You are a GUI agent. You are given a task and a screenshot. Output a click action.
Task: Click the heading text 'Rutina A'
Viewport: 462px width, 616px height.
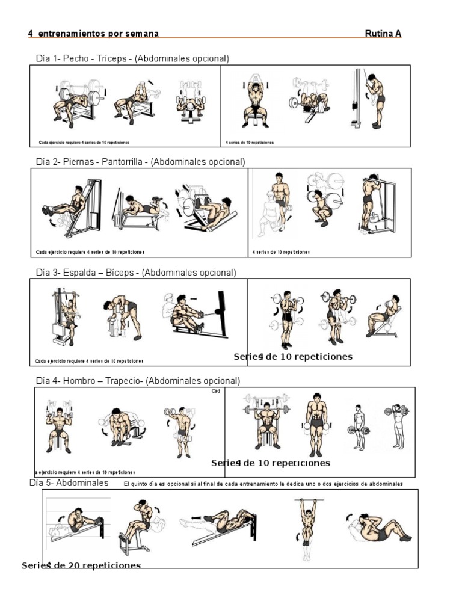(383, 34)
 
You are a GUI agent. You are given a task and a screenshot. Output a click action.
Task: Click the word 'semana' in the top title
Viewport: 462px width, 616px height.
(142, 34)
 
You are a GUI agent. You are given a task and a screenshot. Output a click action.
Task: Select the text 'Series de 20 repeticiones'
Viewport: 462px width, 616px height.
(81, 565)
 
